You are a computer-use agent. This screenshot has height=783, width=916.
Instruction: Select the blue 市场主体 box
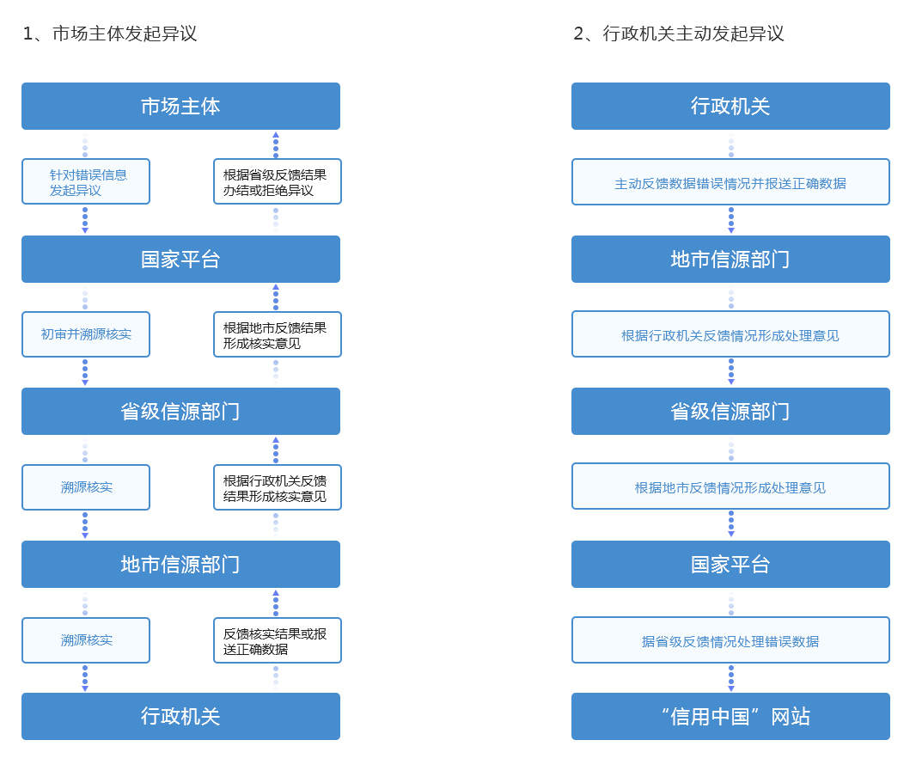[x=180, y=107]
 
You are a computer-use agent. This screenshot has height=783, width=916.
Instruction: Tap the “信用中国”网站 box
[x=730, y=716]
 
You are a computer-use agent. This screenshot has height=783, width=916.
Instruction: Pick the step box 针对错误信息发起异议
[x=86, y=181]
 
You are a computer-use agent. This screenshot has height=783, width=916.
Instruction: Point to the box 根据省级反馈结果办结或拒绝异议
[x=278, y=181]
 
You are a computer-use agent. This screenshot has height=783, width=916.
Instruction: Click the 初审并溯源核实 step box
[x=86, y=334]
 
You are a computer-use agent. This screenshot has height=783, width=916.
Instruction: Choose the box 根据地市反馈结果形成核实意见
[x=278, y=334]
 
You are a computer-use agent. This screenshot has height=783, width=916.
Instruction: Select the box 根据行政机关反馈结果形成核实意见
[x=278, y=487]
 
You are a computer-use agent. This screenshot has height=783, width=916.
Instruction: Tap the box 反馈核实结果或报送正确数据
[x=278, y=640]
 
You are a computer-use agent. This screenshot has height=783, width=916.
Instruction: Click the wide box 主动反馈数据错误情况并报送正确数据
[x=730, y=181]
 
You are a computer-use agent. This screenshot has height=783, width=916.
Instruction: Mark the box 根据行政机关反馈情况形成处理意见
[x=730, y=334]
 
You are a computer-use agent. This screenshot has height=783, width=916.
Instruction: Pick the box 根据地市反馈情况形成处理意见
[x=730, y=486]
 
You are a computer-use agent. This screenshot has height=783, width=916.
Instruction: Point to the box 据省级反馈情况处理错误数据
[x=730, y=640]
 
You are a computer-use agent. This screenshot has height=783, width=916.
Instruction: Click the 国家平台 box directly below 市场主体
[x=180, y=260]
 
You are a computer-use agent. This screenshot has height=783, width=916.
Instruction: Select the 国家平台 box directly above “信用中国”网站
[x=730, y=565]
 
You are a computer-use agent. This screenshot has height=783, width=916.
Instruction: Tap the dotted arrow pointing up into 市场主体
[x=276, y=145]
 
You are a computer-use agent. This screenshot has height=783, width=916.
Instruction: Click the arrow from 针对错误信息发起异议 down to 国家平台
[x=85, y=220]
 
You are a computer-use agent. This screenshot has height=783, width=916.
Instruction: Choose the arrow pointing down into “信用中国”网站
[x=730, y=678]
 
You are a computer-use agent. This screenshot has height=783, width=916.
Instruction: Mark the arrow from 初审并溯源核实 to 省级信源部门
[x=85, y=372]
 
